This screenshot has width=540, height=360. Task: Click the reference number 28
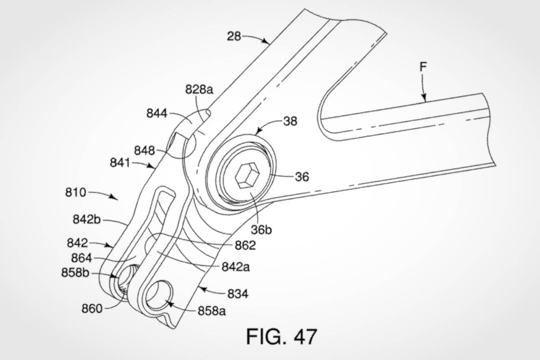tap(234, 36)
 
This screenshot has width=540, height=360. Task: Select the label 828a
tap(198, 90)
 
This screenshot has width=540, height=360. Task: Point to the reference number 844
tap(157, 114)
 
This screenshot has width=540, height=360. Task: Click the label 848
tap(144, 149)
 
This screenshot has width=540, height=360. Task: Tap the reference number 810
tap(75, 193)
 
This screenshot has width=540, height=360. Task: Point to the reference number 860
tap(92, 308)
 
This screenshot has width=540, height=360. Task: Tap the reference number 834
tap(238, 294)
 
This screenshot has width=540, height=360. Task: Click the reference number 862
tap(245, 245)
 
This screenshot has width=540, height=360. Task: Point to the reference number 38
tap(290, 121)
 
